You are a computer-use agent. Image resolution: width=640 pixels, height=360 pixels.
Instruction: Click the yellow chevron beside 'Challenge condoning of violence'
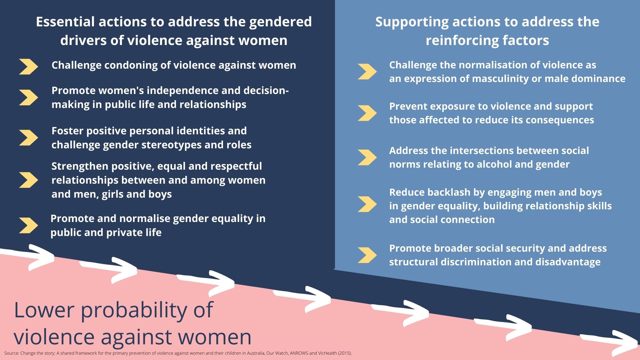29,67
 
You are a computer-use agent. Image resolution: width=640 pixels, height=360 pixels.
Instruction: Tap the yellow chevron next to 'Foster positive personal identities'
29,138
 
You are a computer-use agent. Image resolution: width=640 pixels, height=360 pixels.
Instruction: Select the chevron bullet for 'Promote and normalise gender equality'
29,225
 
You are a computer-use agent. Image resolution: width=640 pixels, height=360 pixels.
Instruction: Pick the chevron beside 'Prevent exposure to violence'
367,113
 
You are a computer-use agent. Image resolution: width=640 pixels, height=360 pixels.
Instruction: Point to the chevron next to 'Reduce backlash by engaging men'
367,204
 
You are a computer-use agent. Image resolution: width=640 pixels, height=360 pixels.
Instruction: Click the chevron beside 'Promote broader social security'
367,255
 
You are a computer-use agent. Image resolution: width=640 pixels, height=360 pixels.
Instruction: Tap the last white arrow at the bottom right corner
610,343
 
